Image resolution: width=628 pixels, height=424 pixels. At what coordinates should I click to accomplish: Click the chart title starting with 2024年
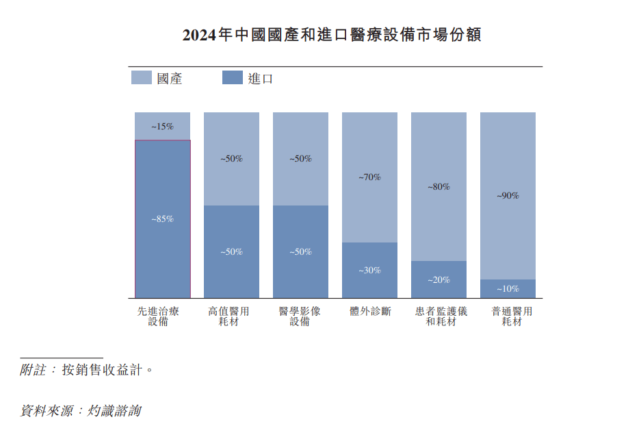pos(332,36)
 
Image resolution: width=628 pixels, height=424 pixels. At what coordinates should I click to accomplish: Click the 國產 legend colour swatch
pos(141,78)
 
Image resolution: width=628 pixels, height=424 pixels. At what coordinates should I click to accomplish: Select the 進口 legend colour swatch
pos(233,78)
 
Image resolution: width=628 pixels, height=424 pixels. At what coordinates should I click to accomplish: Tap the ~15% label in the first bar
pos(162,127)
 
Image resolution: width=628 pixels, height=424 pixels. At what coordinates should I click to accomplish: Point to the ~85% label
pos(162,219)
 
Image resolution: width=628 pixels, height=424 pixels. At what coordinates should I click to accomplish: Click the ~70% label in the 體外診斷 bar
pos(369,177)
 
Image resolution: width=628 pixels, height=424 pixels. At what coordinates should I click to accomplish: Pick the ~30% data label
pos(369,271)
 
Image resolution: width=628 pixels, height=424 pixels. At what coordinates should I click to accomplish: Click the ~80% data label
pos(439,186)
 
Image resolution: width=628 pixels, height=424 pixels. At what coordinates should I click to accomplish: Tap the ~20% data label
pos(439,280)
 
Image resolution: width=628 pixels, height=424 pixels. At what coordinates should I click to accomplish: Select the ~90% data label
pos(508,196)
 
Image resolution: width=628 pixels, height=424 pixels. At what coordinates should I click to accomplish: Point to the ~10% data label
pos(508,289)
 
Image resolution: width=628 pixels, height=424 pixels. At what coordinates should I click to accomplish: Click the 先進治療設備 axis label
pos(158,316)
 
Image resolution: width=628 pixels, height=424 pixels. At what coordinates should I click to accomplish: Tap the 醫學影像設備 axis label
pos(300,316)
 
